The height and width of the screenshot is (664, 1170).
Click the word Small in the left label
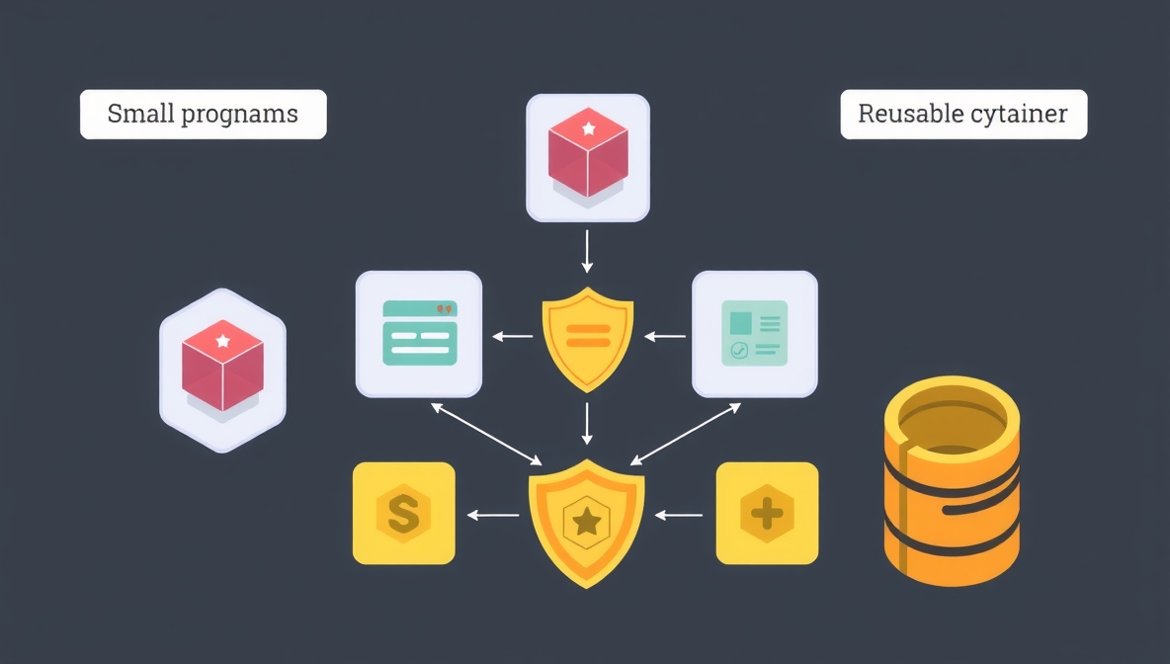[x=140, y=114]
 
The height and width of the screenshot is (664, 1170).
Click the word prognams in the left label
[x=239, y=115]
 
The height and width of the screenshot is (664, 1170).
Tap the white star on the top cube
[x=589, y=128]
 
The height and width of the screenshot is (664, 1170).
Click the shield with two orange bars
[x=588, y=336]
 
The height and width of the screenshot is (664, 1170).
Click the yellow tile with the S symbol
[x=403, y=514]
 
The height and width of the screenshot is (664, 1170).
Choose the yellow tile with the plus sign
[x=767, y=514]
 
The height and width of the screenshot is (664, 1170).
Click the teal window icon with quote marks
[x=419, y=334]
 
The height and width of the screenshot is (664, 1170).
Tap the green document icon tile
[x=755, y=334]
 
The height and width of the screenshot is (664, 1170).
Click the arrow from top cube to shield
[x=588, y=251]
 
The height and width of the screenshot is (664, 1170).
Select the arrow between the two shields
[x=588, y=423]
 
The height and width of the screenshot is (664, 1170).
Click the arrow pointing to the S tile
[x=492, y=515]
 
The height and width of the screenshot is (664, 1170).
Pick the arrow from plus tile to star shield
[x=679, y=515]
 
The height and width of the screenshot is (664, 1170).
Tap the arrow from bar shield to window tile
[x=512, y=336]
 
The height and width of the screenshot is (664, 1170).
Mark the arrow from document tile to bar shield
[x=665, y=336]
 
